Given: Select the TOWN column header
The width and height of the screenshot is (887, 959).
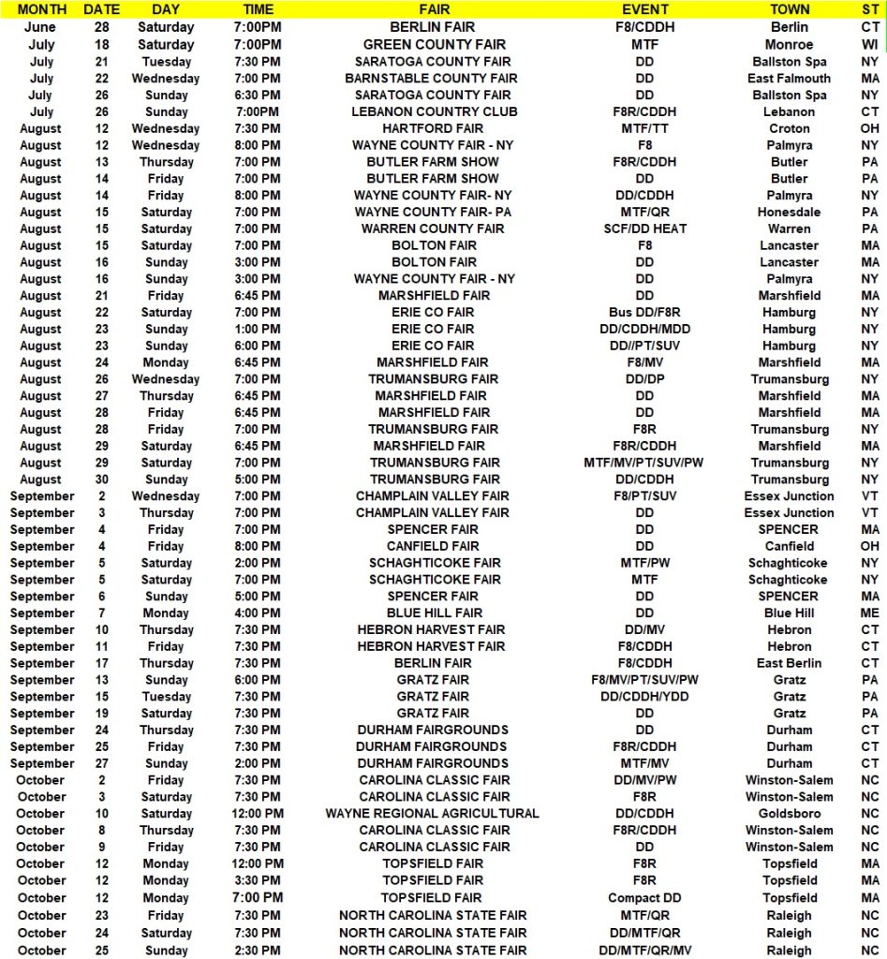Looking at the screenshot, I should click(789, 9).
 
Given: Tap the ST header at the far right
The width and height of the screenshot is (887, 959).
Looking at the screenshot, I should click(870, 9).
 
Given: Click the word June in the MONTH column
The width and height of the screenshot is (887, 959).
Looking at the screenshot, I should click(40, 27).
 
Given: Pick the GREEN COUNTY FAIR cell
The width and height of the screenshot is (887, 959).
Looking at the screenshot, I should click(435, 44).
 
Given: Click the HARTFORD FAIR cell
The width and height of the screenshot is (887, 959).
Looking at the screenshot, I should click(432, 128).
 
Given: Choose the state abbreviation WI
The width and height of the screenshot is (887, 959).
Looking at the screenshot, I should click(870, 44).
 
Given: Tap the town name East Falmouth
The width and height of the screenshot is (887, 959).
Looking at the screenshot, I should click(789, 78).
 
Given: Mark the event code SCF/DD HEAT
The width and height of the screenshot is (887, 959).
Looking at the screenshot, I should click(644, 229).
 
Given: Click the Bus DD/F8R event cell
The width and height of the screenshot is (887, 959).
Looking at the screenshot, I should click(644, 312).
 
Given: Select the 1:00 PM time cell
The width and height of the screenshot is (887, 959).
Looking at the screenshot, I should click(258, 329).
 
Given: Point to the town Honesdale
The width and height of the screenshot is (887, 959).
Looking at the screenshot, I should click(789, 212).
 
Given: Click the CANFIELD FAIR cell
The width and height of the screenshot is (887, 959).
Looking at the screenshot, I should click(432, 546).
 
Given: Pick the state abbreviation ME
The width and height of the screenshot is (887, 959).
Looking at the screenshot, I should click(870, 612).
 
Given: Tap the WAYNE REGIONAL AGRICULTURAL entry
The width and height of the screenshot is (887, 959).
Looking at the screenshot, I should click(432, 813).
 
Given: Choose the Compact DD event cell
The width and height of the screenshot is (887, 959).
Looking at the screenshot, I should click(644, 897).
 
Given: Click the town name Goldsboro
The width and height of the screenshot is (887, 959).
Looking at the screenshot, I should click(789, 813).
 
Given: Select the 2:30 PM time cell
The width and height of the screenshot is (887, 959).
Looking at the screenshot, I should click(258, 950).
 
